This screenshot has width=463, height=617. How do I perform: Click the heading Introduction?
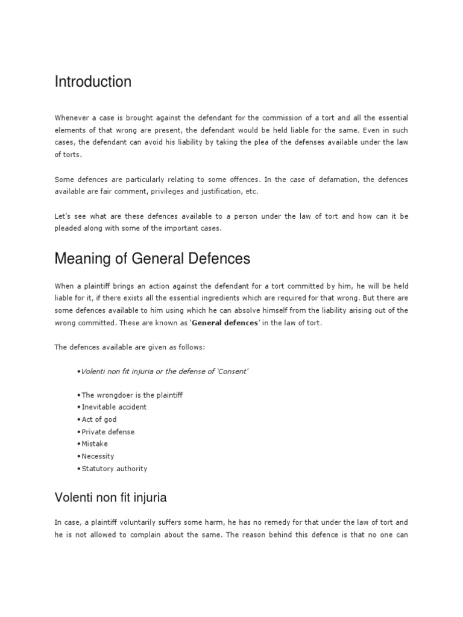tap(93, 82)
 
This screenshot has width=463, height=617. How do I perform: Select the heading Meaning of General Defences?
tap(152, 258)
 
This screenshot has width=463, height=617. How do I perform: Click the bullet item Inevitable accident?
tap(114, 407)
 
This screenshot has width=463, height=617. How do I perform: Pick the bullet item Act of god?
tap(99, 419)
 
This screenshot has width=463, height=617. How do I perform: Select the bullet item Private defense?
tap(108, 431)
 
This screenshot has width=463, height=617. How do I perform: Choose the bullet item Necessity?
tap(98, 456)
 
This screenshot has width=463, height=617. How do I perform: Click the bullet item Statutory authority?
tap(114, 468)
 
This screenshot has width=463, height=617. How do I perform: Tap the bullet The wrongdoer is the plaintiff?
tap(131, 395)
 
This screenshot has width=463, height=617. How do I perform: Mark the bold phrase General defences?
tap(218, 323)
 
